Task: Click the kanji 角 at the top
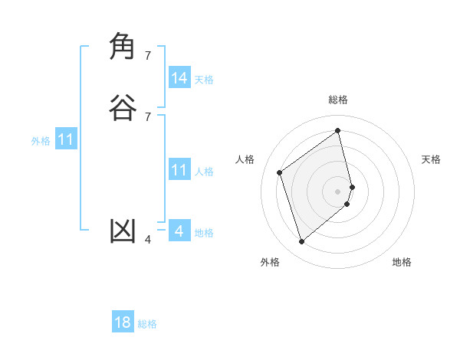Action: (x=123, y=47)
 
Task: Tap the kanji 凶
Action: (x=123, y=231)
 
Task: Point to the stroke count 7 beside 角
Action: (x=148, y=55)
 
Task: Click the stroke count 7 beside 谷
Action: (x=148, y=116)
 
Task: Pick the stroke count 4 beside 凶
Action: (x=148, y=240)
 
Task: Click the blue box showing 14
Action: (x=179, y=78)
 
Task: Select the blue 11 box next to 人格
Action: (x=179, y=170)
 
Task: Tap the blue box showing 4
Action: (x=179, y=231)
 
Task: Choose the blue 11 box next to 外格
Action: (x=66, y=139)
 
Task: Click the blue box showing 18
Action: (x=123, y=322)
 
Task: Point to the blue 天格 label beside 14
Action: (x=204, y=79)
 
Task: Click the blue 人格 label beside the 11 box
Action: (x=204, y=171)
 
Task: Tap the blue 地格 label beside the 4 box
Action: (x=204, y=233)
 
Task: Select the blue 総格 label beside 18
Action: (x=147, y=324)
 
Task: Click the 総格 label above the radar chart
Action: (x=338, y=100)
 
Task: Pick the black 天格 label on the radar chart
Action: (x=432, y=159)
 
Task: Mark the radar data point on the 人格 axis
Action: (x=280, y=172)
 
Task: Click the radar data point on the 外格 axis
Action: (x=301, y=242)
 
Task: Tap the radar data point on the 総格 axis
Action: (x=338, y=130)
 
